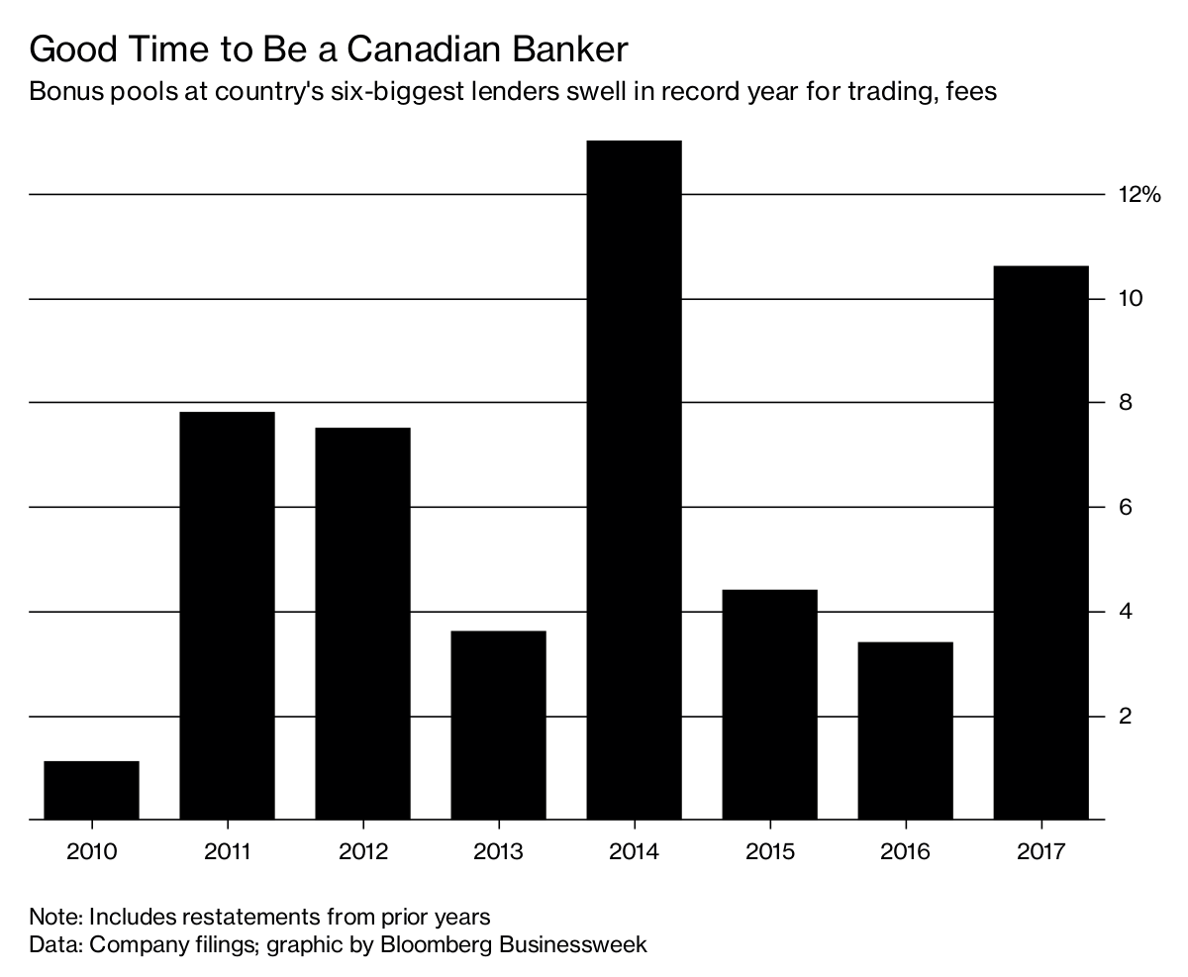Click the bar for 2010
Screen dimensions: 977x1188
pos(91,790)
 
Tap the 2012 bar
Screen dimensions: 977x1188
pos(362,624)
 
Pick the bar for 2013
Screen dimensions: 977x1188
pos(498,726)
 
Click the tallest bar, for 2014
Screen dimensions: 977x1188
pos(634,480)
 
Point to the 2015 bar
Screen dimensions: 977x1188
pos(769,705)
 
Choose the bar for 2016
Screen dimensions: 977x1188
pos(905,731)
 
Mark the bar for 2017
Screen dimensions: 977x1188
pos(1040,543)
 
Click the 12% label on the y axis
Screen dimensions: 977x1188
pos(1138,195)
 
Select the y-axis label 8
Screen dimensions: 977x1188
pos(1126,403)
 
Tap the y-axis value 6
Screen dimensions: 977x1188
pos(1126,507)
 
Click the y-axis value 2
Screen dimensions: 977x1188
pos(1126,716)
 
